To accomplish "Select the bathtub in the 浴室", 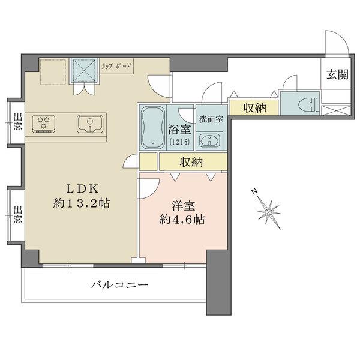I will [x=153, y=126].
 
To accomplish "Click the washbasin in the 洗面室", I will [x=210, y=139].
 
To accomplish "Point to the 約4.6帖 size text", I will [x=183, y=220].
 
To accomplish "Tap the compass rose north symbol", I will [x=268, y=211].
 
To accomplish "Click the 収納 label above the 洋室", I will [x=192, y=162].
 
